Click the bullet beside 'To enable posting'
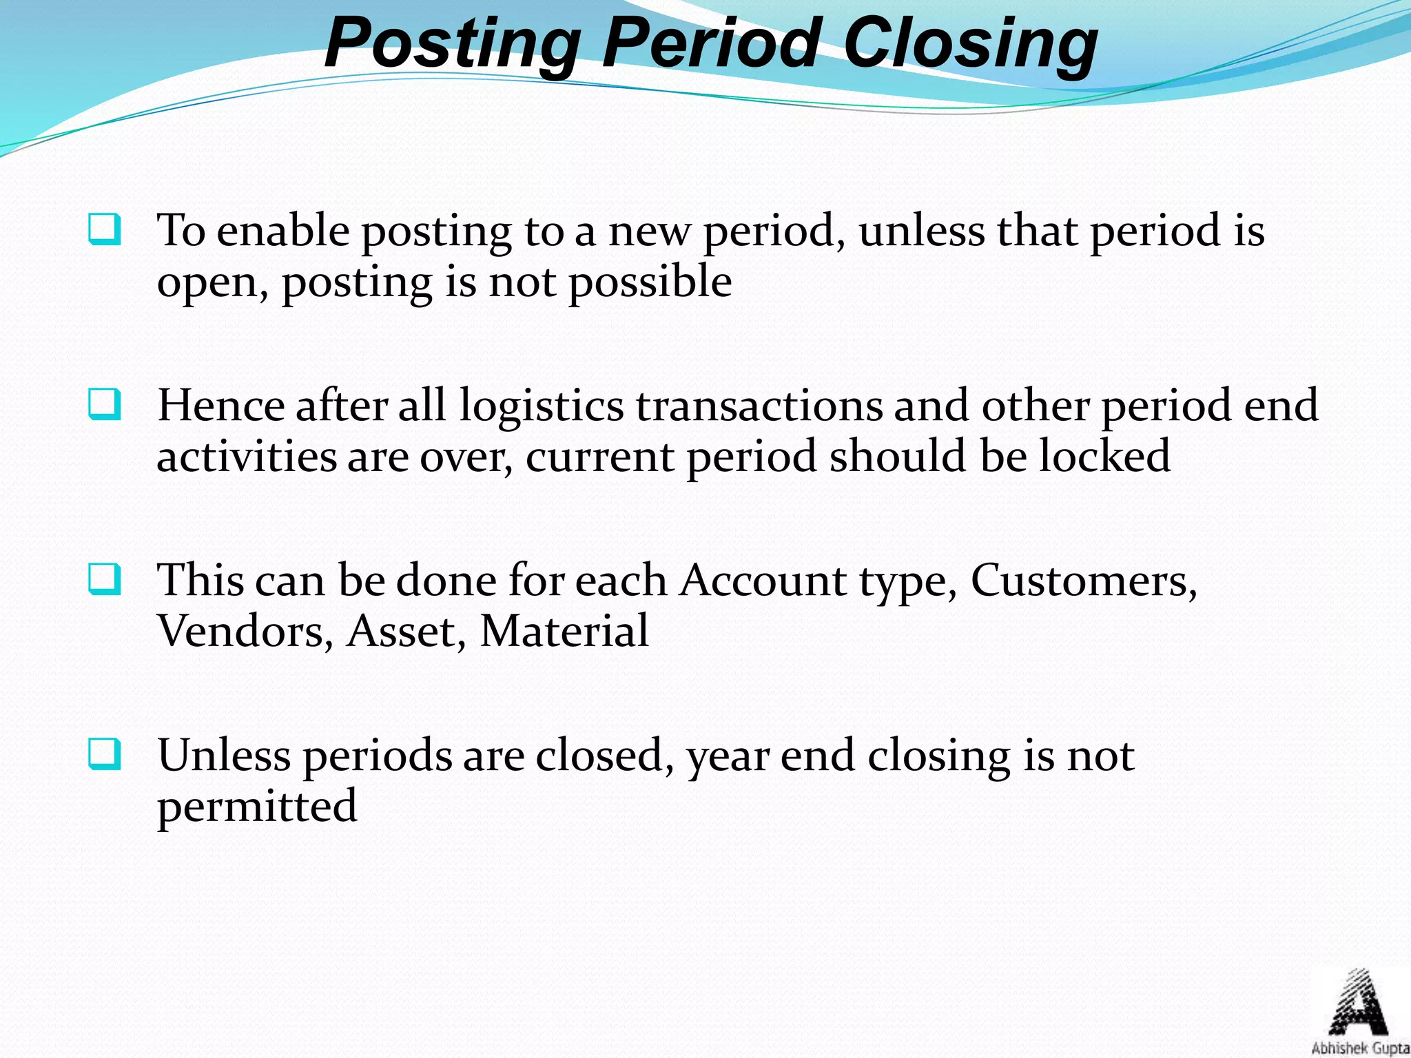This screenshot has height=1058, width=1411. pos(105,230)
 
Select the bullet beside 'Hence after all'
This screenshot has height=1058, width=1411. pos(105,405)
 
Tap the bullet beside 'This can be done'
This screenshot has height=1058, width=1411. pos(105,580)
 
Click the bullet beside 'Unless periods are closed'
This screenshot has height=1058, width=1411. pos(105,755)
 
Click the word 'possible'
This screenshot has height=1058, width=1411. pos(650,282)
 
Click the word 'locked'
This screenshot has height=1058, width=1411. pos(1104,456)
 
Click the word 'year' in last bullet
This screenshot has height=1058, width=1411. pos(727,756)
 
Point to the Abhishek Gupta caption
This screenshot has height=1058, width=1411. pos(1360,1048)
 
